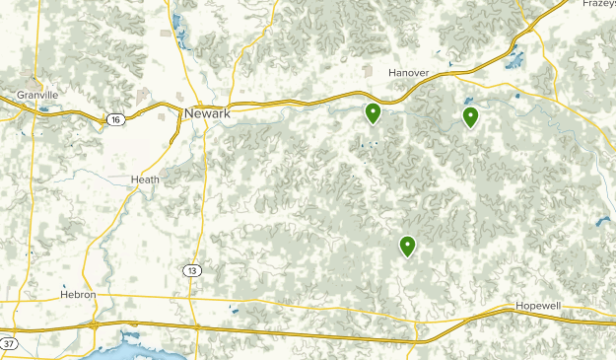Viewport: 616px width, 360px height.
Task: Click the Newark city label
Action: coord(207,113)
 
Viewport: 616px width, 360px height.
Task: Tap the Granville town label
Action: coord(37,95)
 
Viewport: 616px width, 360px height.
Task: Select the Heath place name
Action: coord(144,180)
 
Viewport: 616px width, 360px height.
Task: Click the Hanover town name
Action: coord(408,73)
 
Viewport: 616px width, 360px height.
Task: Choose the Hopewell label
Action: coord(538,307)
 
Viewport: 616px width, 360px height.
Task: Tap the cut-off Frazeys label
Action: coord(598,4)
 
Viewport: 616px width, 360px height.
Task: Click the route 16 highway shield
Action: coord(115,118)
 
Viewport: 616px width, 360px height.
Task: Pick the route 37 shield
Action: coord(8,343)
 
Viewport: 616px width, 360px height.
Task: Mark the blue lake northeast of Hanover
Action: coord(513,57)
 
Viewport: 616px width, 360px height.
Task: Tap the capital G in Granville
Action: coord(20,95)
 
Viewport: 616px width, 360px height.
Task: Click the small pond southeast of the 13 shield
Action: coord(233,310)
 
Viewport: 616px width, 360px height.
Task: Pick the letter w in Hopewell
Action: coord(543,307)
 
